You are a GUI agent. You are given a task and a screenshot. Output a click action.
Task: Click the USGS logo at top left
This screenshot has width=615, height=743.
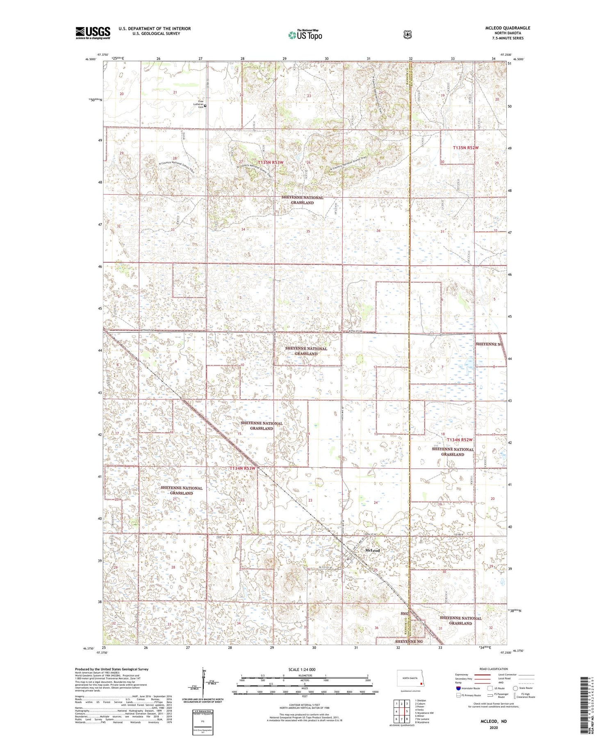(93, 33)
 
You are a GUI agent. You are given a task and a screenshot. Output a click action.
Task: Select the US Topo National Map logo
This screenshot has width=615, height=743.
(305, 35)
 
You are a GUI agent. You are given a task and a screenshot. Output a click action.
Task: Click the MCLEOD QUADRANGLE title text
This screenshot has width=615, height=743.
(506, 28)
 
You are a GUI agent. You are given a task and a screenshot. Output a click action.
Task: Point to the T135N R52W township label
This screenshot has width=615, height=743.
(465, 148)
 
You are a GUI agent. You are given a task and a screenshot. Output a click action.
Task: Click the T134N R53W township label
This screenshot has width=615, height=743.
(242, 468)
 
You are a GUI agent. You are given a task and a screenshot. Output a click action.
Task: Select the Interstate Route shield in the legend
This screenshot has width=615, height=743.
(458, 688)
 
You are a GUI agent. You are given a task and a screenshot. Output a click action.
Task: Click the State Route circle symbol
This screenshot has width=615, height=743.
(515, 688)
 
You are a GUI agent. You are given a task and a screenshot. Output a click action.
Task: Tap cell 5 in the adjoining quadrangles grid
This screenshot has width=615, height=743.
(407, 711)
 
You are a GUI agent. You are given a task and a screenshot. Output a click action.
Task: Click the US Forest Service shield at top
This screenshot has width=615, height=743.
(407, 35)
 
